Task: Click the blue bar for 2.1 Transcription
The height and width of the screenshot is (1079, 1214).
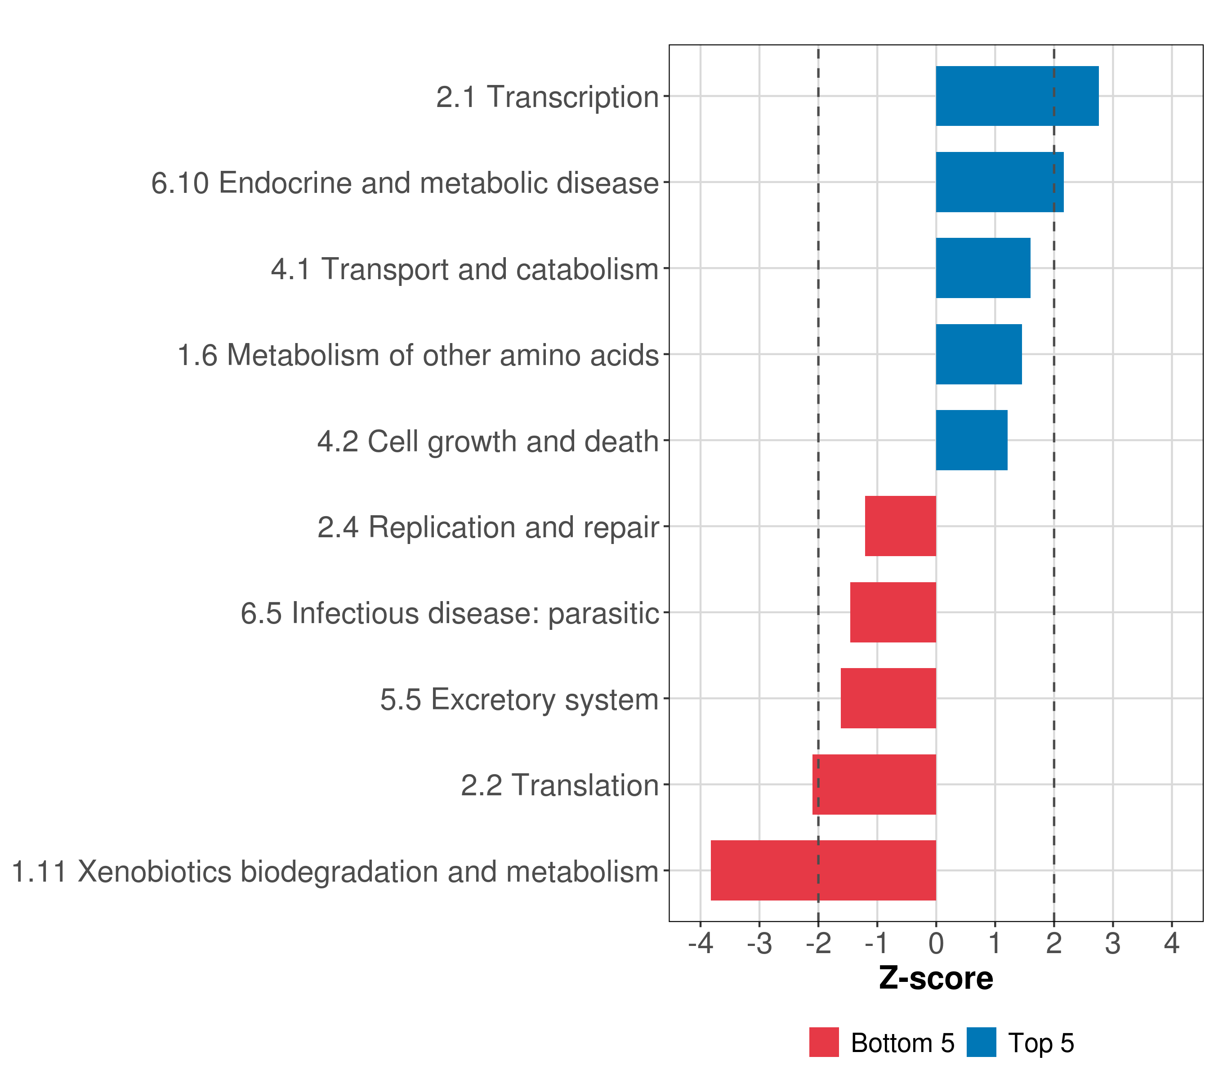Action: pyautogui.click(x=1016, y=96)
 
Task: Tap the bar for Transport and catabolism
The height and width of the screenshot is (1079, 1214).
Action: pyautogui.click(x=982, y=268)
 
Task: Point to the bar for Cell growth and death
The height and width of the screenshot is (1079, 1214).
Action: pyautogui.click(x=971, y=440)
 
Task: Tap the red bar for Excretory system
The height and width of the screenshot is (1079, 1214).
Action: pyautogui.click(x=888, y=698)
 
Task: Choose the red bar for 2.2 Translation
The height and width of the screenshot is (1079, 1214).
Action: pyautogui.click(x=874, y=785)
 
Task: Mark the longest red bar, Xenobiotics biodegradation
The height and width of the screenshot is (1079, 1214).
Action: pyautogui.click(x=823, y=870)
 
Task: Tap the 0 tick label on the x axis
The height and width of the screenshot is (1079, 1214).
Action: pyautogui.click(x=936, y=943)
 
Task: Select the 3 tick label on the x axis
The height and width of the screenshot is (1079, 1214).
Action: pyautogui.click(x=1112, y=943)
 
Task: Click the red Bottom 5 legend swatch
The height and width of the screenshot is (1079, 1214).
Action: pyautogui.click(x=824, y=1042)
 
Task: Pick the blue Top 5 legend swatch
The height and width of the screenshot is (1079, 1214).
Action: pyautogui.click(x=981, y=1042)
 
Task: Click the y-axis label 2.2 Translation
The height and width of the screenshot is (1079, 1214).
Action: pyautogui.click(x=559, y=785)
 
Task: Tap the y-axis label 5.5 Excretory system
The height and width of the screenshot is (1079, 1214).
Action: pyautogui.click(x=519, y=699)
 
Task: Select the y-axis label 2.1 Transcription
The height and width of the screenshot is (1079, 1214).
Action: pyautogui.click(x=547, y=97)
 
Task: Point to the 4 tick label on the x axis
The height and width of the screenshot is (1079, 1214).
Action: pyautogui.click(x=1171, y=943)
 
